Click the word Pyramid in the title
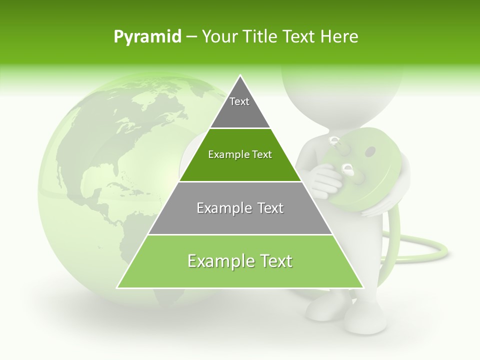pyautogui.click(x=147, y=37)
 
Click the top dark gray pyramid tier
pyautogui.click(x=240, y=107)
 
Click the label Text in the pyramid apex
pyautogui.click(x=239, y=101)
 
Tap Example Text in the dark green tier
pyautogui.click(x=240, y=154)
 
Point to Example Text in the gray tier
pyautogui.click(x=240, y=208)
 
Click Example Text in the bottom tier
pyautogui.click(x=240, y=261)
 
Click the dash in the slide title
pyautogui.click(x=191, y=37)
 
